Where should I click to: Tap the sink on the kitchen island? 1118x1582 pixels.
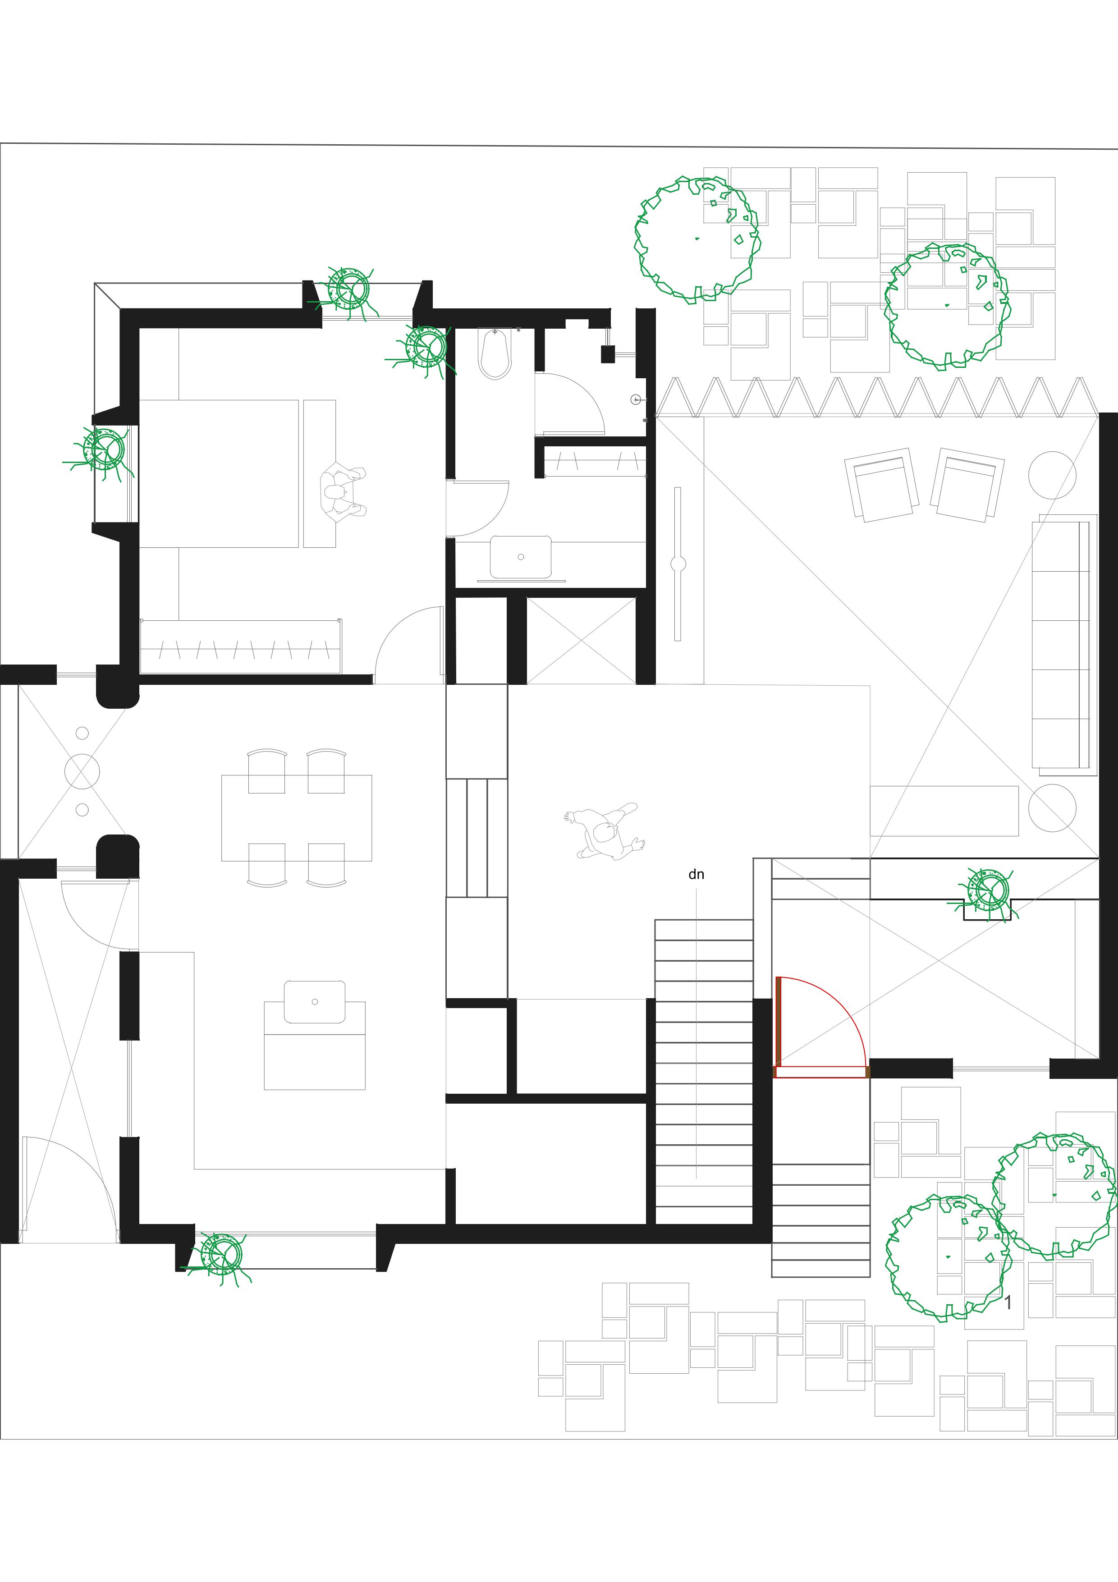tap(315, 1002)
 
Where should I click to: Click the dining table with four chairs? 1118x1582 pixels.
tap(296, 818)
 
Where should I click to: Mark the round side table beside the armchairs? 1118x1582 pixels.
tap(1052, 475)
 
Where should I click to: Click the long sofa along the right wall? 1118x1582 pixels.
tap(1063, 644)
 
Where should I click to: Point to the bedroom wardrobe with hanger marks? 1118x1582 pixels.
tap(240, 647)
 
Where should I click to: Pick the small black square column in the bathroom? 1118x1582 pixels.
tap(608, 353)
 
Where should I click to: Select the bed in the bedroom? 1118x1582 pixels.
tap(219, 473)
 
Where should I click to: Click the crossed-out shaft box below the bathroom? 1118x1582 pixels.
tap(582, 640)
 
